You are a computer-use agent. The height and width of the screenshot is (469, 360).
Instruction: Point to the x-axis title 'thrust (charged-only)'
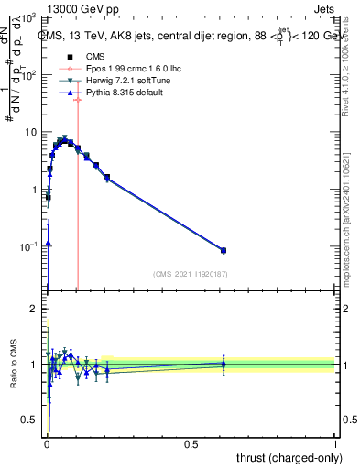[285, 457]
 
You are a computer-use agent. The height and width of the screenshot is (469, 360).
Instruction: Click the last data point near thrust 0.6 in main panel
[224, 250]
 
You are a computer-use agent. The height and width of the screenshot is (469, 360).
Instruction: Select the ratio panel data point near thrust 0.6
[224, 364]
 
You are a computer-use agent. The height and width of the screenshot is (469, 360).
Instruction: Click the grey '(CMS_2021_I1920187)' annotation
[191, 274]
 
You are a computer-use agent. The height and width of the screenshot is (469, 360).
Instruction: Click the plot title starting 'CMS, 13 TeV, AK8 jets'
[188, 36]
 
